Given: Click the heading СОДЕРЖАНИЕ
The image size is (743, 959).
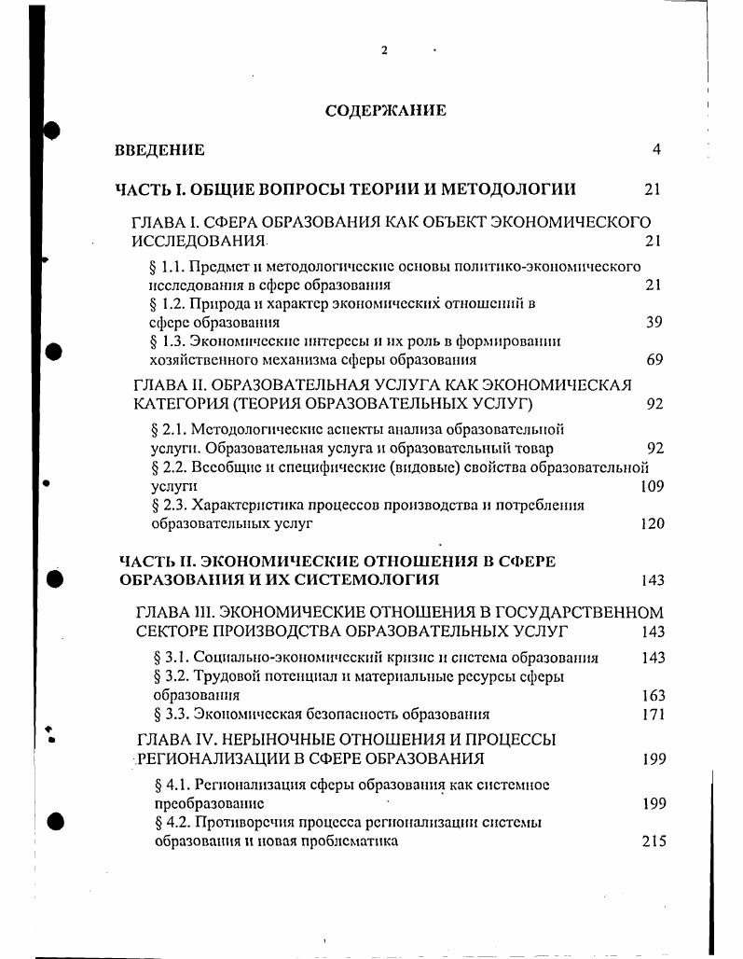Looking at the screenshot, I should [x=385, y=111].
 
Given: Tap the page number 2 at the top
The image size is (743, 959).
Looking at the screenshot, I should [x=384, y=50].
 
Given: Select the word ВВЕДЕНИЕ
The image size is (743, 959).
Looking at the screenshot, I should [x=159, y=150].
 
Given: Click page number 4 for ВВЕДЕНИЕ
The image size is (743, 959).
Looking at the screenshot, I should [x=656, y=150].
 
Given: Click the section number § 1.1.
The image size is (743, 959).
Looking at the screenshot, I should [x=166, y=267].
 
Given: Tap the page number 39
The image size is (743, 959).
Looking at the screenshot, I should [x=654, y=323].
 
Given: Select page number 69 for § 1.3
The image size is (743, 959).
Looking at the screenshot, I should [x=654, y=360].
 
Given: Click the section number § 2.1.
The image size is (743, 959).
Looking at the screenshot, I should [x=169, y=430].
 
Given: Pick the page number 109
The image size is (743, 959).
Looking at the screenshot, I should [x=653, y=486].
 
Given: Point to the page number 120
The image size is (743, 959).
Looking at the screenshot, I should [x=653, y=523].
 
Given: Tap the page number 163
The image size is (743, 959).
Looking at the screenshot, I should [x=654, y=696].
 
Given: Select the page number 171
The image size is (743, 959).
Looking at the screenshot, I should [x=654, y=716].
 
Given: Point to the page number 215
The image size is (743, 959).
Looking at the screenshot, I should [x=654, y=841].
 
